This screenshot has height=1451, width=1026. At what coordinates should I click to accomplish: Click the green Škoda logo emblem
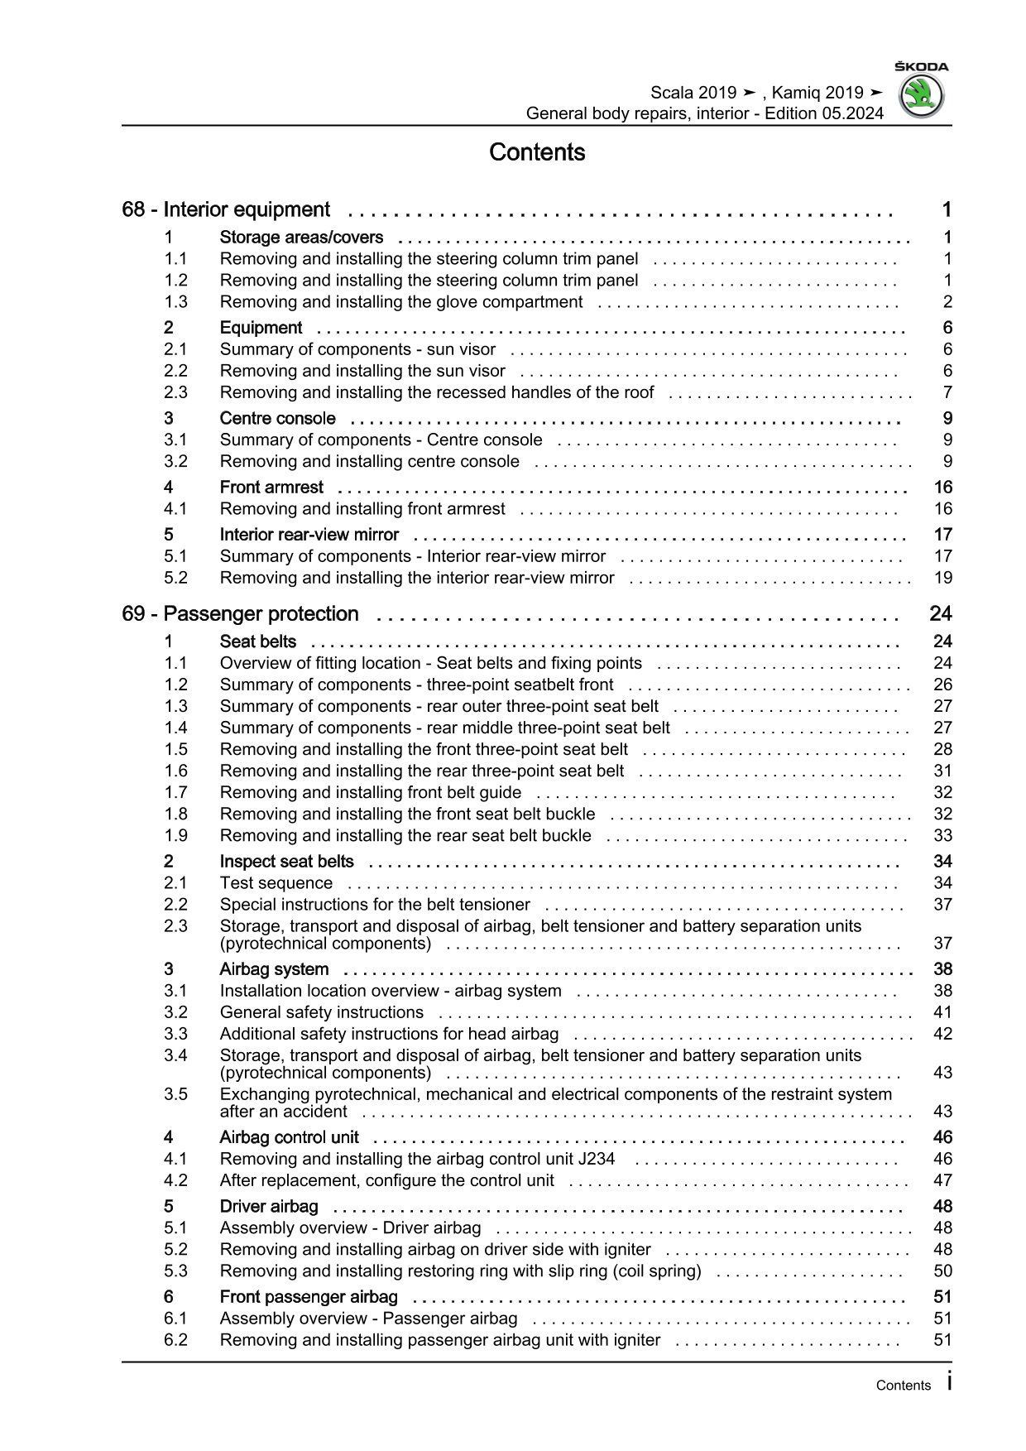click(921, 97)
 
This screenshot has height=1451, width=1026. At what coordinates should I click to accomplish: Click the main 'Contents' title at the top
click(537, 152)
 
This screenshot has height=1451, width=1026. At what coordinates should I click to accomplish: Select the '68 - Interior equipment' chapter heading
click(226, 209)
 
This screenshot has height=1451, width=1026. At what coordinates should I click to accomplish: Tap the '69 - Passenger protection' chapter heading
click(240, 614)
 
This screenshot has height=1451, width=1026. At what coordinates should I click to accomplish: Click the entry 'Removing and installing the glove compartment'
click(401, 302)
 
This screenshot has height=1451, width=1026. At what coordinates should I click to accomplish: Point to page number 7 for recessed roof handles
click(947, 392)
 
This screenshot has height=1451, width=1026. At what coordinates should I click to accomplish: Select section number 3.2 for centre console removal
click(175, 462)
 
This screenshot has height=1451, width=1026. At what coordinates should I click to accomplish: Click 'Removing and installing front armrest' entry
click(362, 509)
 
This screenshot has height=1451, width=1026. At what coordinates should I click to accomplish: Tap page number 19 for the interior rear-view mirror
click(942, 578)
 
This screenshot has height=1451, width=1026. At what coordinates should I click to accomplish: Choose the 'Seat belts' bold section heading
click(258, 641)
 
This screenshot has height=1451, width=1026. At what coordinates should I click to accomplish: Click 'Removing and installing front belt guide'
click(371, 793)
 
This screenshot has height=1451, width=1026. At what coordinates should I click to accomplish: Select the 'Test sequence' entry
click(276, 883)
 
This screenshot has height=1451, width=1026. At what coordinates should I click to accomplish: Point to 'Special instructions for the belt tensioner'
click(375, 905)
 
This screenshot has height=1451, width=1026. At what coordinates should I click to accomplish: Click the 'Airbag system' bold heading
click(274, 969)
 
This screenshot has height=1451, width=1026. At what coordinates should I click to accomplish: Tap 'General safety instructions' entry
click(322, 1012)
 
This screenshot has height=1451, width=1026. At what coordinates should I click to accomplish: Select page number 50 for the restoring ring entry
click(942, 1271)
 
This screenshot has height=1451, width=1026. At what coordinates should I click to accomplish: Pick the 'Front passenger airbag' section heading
click(309, 1297)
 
